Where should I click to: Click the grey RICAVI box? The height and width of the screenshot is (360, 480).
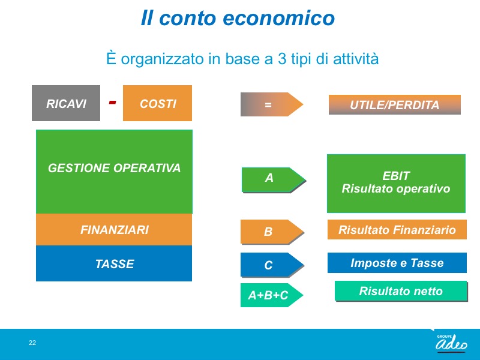tap(66, 103)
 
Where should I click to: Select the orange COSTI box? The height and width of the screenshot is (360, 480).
tap(157, 103)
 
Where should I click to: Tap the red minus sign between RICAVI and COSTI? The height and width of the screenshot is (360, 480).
tap(112, 102)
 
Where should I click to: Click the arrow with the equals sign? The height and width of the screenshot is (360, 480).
tap(272, 104)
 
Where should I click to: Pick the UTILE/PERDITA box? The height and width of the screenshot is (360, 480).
tap(395, 104)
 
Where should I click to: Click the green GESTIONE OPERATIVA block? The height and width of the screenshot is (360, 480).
tap(114, 172)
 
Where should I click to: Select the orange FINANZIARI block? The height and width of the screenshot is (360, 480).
tap(114, 230)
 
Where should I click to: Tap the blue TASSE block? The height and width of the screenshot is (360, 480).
tap(114, 263)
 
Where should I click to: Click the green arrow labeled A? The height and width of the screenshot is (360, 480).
tap(274, 180)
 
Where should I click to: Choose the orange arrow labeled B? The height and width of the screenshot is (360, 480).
tap(272, 232)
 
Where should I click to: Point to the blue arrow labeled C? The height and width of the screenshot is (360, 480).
tap(272, 265)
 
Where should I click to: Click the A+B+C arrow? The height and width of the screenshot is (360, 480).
tap(272, 295)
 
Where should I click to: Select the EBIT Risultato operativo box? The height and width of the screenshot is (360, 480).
tap(396, 184)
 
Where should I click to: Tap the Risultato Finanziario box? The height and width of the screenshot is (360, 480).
tap(397, 229)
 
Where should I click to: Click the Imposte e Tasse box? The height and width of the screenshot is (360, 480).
tap(397, 263)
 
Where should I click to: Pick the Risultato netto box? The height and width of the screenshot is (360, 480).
tap(401, 291)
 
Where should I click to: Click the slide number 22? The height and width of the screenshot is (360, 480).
tap(32, 343)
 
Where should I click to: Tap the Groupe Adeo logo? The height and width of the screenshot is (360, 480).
tap(451, 343)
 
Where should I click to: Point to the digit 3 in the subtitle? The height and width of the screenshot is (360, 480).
tap(282, 59)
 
